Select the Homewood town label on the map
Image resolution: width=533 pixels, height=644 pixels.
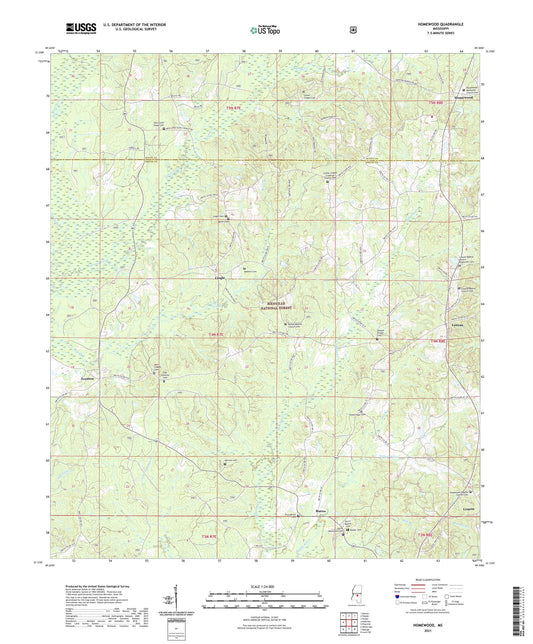tap(460, 98)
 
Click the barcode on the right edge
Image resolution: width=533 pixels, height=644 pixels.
tap(524, 604)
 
